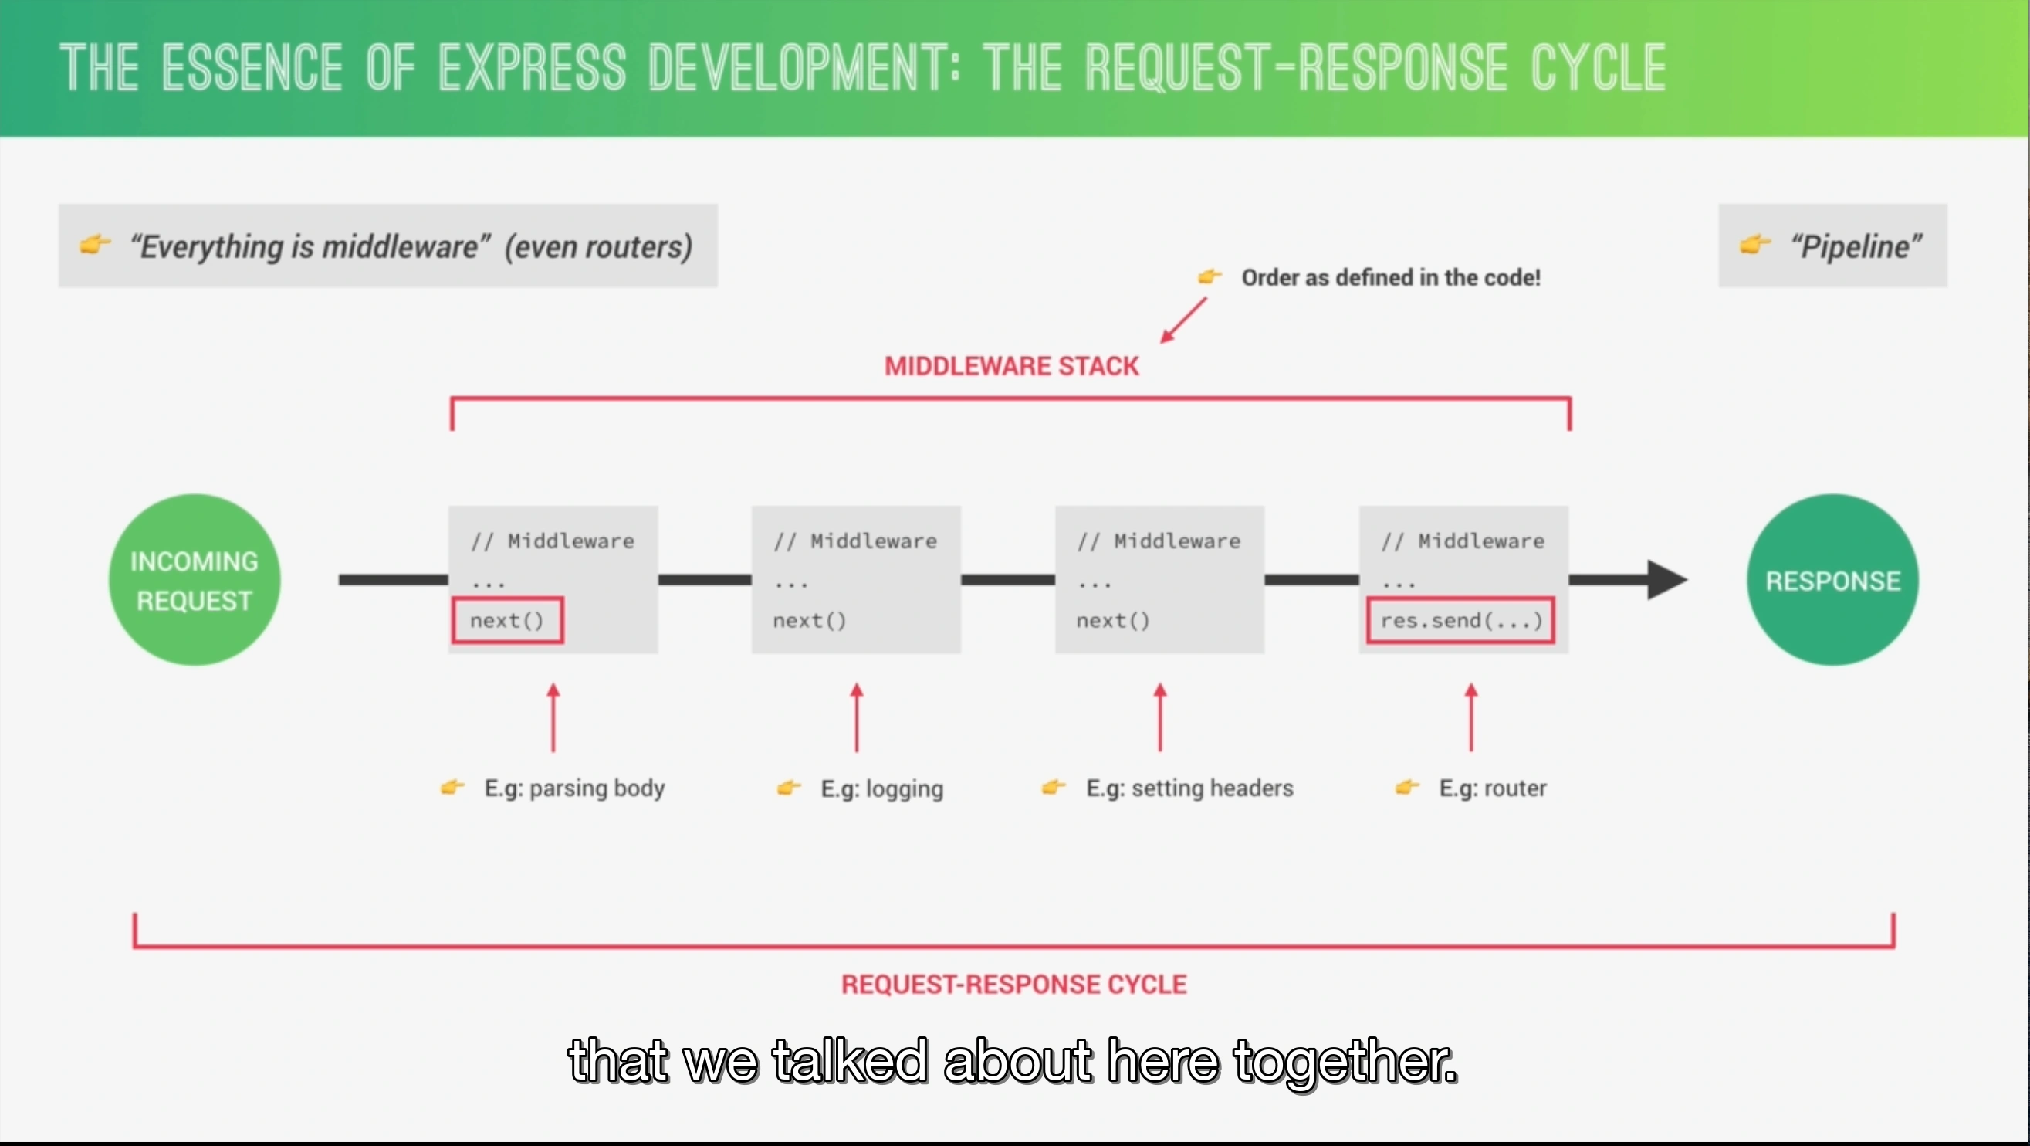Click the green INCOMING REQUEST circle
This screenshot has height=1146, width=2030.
pyautogui.click(x=194, y=580)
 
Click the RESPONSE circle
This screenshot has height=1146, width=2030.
pyautogui.click(x=1832, y=580)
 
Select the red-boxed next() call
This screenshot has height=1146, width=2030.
pyautogui.click(x=508, y=620)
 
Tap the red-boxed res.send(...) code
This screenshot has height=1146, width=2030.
pyautogui.click(x=1460, y=620)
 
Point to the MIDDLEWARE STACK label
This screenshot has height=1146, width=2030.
pyautogui.click(x=1011, y=366)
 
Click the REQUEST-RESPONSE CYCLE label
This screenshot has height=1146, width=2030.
pyautogui.click(x=1013, y=985)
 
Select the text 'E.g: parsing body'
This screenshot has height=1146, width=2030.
pyautogui.click(x=573, y=788)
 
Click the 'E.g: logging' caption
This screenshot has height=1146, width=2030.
pyautogui.click(x=881, y=788)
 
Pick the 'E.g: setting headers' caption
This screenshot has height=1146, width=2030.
pyautogui.click(x=1189, y=788)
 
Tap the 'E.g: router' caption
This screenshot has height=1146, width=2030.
pyautogui.click(x=1492, y=788)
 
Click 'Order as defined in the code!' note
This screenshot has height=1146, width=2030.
pyautogui.click(x=1390, y=277)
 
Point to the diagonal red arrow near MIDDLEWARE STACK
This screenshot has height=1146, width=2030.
pyautogui.click(x=1182, y=320)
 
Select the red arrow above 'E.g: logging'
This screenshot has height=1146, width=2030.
pyautogui.click(x=857, y=717)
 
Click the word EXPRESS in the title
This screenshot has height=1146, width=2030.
pyautogui.click(x=532, y=68)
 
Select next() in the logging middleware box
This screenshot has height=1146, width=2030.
pyautogui.click(x=810, y=620)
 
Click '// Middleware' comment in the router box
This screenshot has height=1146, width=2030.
pyautogui.click(x=1462, y=541)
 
